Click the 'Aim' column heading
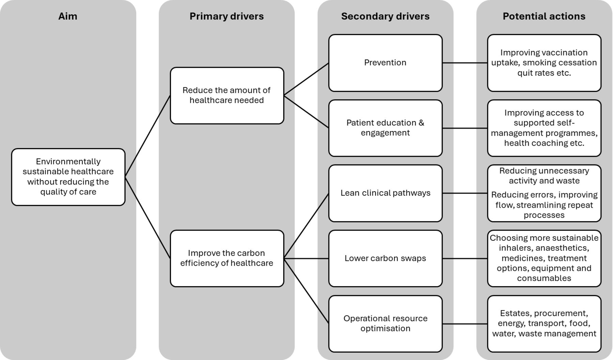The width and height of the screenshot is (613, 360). point(68,16)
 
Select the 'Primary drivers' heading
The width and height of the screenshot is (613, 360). point(226,16)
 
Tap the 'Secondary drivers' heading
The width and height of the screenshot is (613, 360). point(385,16)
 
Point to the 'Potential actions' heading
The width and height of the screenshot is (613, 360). point(544,16)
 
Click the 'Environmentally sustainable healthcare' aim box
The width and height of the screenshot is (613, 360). point(68,177)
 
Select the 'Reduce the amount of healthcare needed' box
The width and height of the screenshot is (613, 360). point(227,95)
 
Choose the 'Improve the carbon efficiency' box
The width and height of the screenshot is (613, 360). point(227,258)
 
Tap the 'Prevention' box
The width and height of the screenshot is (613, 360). point(385,63)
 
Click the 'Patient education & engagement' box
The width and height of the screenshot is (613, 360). point(385,128)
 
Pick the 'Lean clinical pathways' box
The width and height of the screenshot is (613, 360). point(385,193)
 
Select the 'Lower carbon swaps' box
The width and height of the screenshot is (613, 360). point(385,259)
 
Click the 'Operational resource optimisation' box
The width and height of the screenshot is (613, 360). point(385,324)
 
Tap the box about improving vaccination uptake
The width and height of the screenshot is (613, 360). point(544,63)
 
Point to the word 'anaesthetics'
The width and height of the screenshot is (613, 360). point(562,248)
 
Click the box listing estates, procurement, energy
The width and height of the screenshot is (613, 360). point(544,324)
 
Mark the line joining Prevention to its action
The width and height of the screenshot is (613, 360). point(465,63)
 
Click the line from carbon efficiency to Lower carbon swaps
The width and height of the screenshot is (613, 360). point(306,259)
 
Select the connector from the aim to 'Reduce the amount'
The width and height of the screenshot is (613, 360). point(147,136)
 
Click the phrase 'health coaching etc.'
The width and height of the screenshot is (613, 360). point(544,143)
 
